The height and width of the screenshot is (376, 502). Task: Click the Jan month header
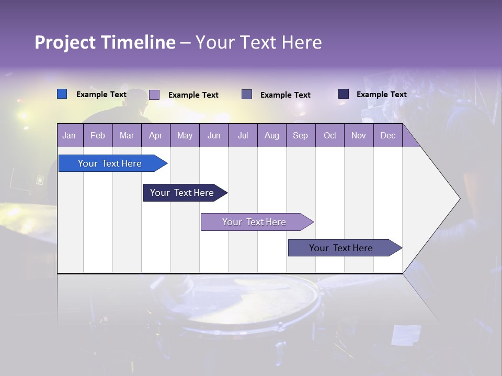coord(69,135)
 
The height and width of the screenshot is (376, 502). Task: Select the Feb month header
coord(98,135)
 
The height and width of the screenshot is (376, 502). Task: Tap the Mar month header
coord(127,135)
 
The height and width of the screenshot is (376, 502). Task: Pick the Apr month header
coord(156,135)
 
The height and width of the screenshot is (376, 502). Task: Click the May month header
coord(185,135)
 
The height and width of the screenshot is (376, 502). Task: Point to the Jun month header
coord(214,135)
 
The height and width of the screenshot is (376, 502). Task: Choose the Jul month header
coord(243,135)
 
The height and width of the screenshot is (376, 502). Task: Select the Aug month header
coord(272,135)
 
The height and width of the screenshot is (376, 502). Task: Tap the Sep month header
coord(301,135)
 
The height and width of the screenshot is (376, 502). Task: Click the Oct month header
coord(330,135)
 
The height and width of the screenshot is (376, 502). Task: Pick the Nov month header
coord(359,135)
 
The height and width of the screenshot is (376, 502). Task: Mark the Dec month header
coord(388,135)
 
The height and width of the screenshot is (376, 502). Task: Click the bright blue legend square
coord(62,94)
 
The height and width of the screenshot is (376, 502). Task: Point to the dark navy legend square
coord(344,94)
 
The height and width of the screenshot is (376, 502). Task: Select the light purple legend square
coord(154,95)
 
